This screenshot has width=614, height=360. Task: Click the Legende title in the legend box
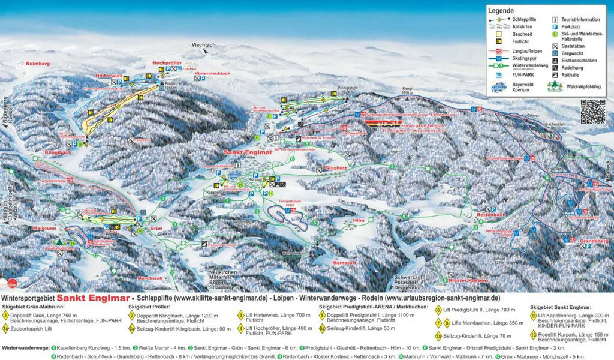501,10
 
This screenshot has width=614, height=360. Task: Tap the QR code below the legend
593,112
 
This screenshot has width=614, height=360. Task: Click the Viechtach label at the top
203,45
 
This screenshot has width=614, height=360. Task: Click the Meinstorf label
345,262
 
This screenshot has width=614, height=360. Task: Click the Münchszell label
150,279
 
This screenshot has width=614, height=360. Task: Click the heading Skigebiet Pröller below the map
149,307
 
